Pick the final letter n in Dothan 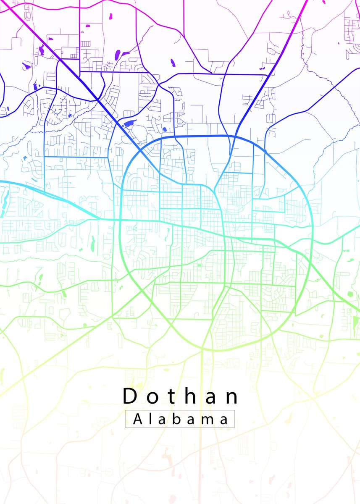point(231,398)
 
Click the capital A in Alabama point(137,419)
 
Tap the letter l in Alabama point(151,419)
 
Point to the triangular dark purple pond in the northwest point(26,66)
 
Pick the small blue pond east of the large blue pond point(164,129)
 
